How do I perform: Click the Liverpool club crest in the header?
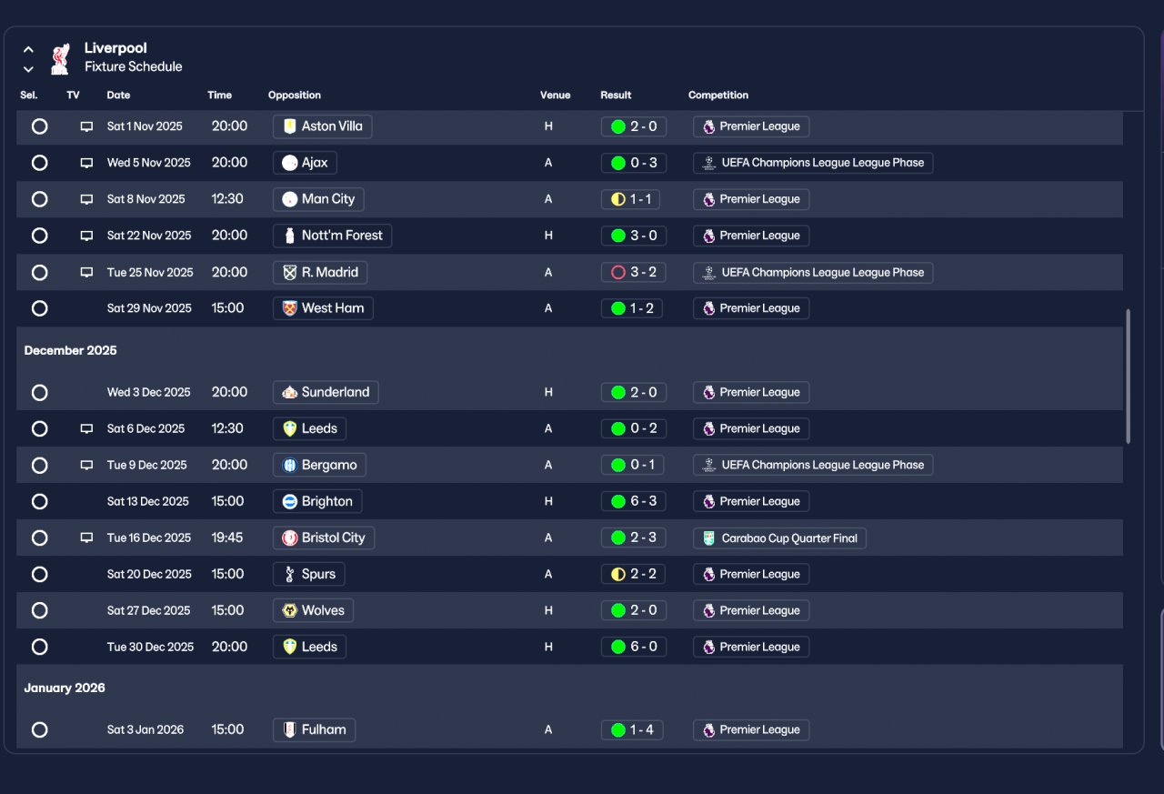coord(60,59)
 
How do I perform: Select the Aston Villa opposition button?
coord(322,126)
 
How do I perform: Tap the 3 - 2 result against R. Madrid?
coord(634,272)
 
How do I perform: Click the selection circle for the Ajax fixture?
coord(39,163)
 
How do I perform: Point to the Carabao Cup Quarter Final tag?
coord(779,538)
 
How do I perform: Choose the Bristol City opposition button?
coord(323,538)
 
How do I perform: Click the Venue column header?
coord(555,95)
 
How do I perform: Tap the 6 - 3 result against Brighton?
coord(634,501)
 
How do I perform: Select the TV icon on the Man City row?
coord(86,199)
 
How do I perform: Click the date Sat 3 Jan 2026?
coord(145,729)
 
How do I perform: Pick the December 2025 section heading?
coord(70,350)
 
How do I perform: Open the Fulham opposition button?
coord(314,729)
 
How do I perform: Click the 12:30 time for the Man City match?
coord(227,199)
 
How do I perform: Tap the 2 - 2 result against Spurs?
coord(633,574)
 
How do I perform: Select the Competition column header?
coord(718,95)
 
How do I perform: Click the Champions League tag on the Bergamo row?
coord(813,465)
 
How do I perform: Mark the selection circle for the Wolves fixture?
coord(39,610)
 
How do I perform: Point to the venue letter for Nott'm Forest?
coord(548,236)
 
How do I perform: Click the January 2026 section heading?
coord(65,688)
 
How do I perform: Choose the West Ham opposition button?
coord(323,308)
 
